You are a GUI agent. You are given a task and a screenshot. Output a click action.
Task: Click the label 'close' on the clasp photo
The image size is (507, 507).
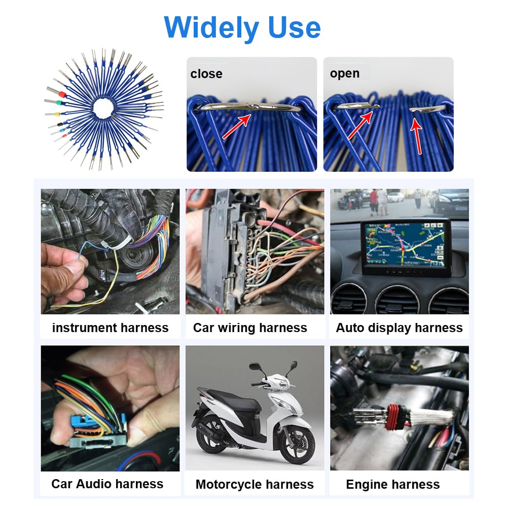pos(206,74)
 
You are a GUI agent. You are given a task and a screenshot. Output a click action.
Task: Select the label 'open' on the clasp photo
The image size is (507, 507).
pos(345,74)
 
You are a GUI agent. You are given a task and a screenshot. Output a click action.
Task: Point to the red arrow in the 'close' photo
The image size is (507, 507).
pos(237,126)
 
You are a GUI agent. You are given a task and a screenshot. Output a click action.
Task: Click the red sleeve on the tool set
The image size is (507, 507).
pos(61,94)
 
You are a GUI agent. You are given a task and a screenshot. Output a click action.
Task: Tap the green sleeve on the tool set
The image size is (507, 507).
pos(58,103)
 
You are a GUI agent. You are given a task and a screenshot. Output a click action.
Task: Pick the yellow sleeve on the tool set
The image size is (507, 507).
pos(57,114)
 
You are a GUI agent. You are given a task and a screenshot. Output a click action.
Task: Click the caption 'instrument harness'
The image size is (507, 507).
pos(110,328)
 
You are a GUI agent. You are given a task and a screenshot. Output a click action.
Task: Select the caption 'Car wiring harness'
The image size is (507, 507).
pos(250,328)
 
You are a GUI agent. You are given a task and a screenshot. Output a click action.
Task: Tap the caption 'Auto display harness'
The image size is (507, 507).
pos(400,328)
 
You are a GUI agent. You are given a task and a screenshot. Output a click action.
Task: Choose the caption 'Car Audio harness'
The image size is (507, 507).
pos(107,484)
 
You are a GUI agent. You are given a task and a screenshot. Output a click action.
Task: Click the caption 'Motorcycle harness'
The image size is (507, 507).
pos(255,484)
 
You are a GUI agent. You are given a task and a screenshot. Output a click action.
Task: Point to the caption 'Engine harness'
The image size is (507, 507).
pos(393,484)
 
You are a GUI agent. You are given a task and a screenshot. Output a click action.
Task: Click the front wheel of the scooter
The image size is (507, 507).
pos(297,442)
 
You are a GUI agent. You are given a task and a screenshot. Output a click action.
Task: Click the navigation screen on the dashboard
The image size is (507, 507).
pos(404,245)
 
